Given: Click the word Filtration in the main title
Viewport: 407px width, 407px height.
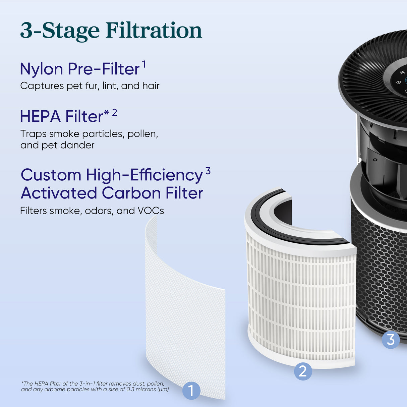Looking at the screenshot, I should click(x=154, y=31).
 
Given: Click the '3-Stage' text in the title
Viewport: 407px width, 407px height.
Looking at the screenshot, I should click(x=60, y=31).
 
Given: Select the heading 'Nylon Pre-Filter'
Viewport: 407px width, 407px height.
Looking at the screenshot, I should click(x=80, y=69).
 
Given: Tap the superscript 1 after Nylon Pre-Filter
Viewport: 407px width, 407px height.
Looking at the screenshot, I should click(x=144, y=64).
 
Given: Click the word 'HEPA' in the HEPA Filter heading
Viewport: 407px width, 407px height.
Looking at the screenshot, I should click(x=40, y=117).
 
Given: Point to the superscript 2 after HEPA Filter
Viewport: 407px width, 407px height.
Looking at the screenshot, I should click(x=115, y=112).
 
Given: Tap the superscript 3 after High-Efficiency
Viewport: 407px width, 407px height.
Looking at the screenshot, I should click(x=208, y=171).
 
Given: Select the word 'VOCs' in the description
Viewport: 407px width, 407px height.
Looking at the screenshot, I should click(x=151, y=211).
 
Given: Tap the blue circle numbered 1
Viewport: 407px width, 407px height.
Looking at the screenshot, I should click(x=191, y=391).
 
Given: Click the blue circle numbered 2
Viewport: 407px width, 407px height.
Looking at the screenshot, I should click(x=303, y=371).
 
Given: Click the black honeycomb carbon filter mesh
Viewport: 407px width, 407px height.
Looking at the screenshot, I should click(x=379, y=268).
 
